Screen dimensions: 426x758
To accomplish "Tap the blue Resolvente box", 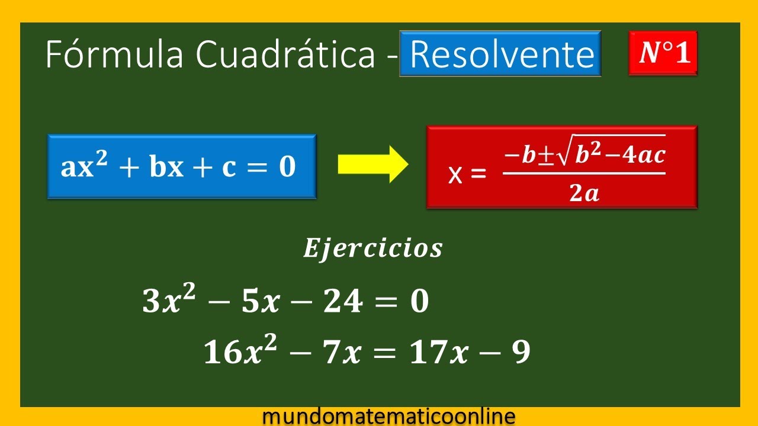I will pos(500,54).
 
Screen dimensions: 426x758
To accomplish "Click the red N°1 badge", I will pos(663,53).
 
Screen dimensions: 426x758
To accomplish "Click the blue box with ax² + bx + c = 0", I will pos(181,167).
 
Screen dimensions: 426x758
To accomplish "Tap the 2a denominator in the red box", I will pos(584,193).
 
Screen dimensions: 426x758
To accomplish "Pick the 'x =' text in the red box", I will pos(467,175).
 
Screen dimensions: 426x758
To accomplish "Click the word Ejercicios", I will pos(372,248).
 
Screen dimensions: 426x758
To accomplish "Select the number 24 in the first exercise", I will pos(345,302).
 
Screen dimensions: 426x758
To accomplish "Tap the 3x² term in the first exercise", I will pos(163,301).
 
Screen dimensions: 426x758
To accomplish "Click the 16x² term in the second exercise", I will pos(233,353).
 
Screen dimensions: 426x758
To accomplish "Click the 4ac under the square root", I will pos(643,156).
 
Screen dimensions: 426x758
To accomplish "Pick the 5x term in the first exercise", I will pos(261,302).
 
